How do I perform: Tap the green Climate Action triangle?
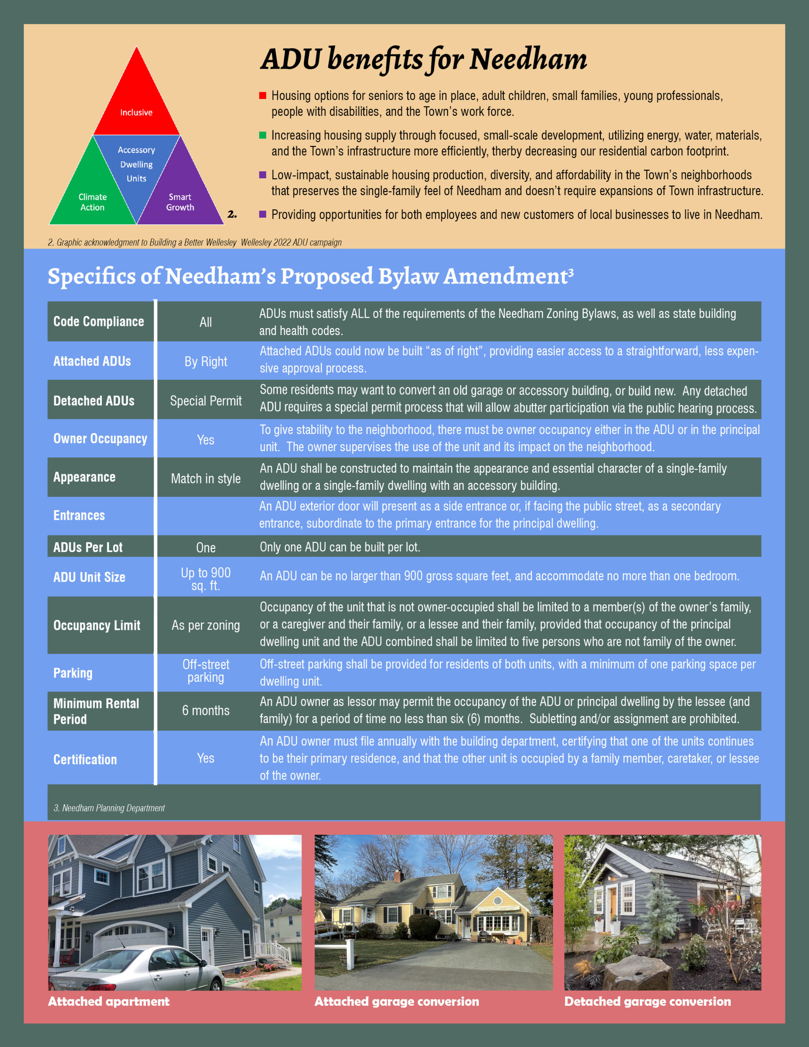(92, 197)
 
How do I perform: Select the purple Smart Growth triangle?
(180, 197)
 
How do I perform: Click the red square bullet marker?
(262, 95)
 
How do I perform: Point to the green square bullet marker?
(262, 135)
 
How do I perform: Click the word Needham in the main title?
(528, 59)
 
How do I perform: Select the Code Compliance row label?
(99, 321)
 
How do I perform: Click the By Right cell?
(206, 362)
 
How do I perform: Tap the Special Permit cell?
(206, 401)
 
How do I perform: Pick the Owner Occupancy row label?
(100, 439)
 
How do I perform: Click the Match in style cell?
(206, 479)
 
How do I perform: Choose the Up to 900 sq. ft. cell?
(206, 579)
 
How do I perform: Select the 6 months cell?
(206, 710)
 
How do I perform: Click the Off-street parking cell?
(206, 671)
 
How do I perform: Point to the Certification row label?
(85, 759)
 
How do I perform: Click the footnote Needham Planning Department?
(109, 808)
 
